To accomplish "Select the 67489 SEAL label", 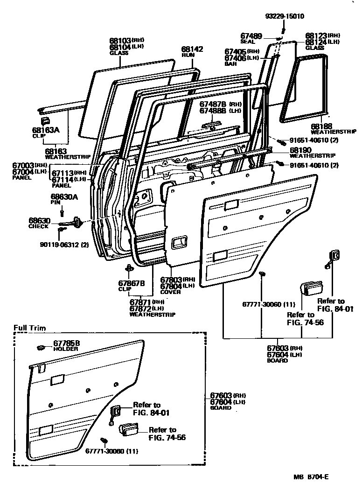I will point(252,38).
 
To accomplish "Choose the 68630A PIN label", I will point(64,199).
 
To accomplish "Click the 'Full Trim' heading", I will point(29,328).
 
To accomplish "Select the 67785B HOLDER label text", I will point(66,346).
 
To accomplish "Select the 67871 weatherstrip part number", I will point(147,305).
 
